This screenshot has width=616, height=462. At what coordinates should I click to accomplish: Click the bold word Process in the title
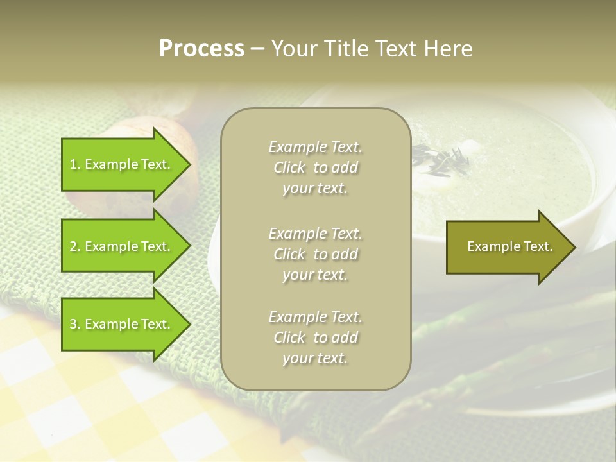201,49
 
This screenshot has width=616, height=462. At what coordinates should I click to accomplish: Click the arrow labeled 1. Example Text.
122,164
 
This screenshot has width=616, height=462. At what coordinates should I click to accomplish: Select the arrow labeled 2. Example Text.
122,246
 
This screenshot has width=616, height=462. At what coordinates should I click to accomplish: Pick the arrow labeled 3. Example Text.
122,324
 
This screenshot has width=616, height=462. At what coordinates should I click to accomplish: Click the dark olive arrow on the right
507,247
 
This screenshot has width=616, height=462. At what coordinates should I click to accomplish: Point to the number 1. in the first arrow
75,165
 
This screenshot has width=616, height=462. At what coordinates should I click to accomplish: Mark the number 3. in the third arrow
75,325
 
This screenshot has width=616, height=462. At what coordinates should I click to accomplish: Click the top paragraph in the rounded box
316,167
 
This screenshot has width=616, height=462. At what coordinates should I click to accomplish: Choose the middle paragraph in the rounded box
316,254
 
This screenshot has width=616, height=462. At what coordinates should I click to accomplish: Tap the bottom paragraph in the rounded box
316,338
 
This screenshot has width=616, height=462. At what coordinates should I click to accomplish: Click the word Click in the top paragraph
289,168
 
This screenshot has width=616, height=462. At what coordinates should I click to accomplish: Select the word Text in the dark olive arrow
538,246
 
